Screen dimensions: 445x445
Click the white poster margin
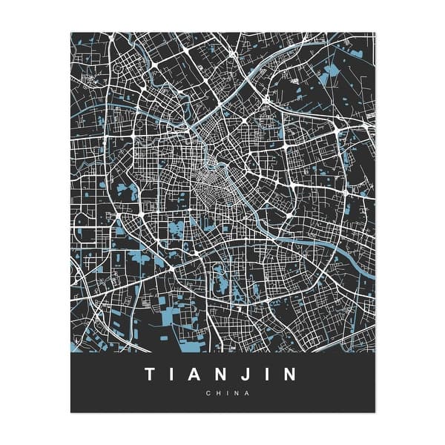[x=37, y=222]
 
